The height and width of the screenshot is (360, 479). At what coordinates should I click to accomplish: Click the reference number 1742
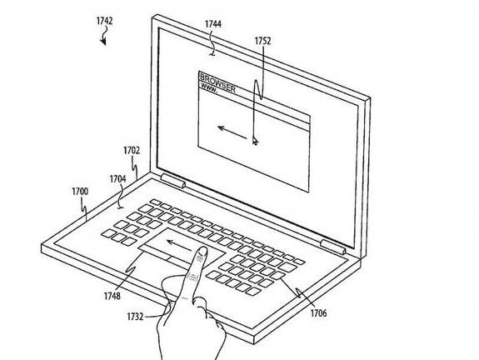click(104, 21)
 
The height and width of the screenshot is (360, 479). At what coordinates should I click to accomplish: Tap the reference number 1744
click(213, 24)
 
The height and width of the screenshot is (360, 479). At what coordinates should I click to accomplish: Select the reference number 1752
click(262, 41)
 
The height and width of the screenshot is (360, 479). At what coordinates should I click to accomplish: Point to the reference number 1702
click(132, 151)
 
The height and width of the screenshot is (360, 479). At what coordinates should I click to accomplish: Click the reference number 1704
click(118, 179)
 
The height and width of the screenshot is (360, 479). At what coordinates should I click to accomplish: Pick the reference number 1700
click(80, 192)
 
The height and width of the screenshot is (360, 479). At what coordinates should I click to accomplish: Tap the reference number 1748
click(112, 296)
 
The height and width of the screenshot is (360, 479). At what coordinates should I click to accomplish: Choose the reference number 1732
click(135, 317)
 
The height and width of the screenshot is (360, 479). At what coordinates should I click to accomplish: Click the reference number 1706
click(318, 313)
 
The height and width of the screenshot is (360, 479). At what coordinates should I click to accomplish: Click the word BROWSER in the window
click(217, 82)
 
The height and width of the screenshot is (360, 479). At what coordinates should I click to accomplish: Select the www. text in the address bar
click(209, 88)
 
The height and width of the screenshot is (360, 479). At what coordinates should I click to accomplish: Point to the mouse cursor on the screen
click(255, 141)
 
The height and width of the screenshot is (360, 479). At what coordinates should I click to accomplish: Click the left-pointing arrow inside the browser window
click(232, 132)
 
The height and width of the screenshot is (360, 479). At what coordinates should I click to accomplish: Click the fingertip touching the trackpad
click(202, 253)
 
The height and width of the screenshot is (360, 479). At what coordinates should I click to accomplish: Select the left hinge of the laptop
click(173, 181)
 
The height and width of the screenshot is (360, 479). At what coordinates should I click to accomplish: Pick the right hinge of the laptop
click(333, 247)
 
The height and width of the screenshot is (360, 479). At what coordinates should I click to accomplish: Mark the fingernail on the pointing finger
click(202, 251)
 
